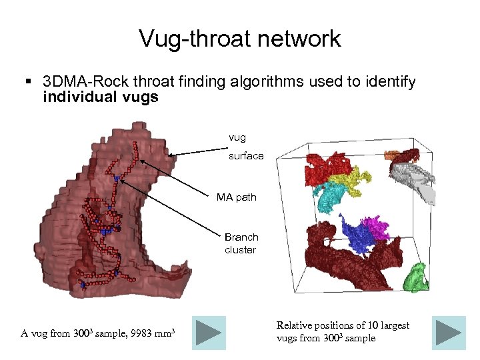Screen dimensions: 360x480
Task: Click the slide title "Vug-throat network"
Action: pyautogui.click(x=240, y=38)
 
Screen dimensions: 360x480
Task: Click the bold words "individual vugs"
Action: pyautogui.click(x=101, y=97)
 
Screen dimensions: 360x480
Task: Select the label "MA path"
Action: pyautogui.click(x=236, y=197)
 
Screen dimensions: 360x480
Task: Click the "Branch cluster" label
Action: pyautogui.click(x=241, y=243)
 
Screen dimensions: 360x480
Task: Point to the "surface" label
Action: pyautogui.click(x=246, y=156)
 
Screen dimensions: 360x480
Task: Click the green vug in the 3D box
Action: pyautogui.click(x=418, y=277)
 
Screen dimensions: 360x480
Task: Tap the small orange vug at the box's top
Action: pyautogui.click(x=391, y=155)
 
